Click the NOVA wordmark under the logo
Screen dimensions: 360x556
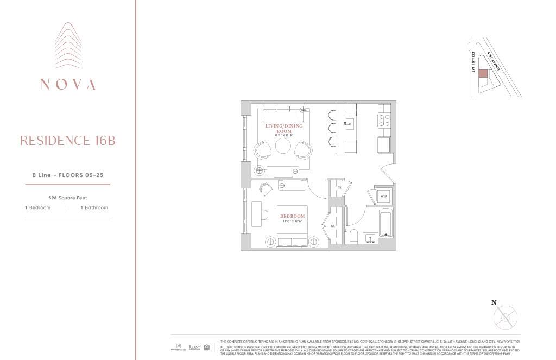[67, 84]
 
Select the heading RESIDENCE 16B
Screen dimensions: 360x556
[67, 141]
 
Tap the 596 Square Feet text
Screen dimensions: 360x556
[67, 198]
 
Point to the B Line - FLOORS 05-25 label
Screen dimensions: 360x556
[67, 175]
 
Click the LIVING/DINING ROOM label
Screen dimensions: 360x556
[285, 129]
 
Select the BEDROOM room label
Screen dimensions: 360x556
[293, 216]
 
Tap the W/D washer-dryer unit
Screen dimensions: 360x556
[383, 195]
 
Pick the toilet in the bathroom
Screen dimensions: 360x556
[353, 236]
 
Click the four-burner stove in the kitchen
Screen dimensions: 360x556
[384, 120]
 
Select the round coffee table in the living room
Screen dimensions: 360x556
[283, 147]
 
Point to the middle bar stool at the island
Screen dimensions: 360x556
[332, 129]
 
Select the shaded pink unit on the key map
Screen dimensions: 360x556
[482, 74]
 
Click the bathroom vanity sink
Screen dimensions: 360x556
[371, 237]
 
